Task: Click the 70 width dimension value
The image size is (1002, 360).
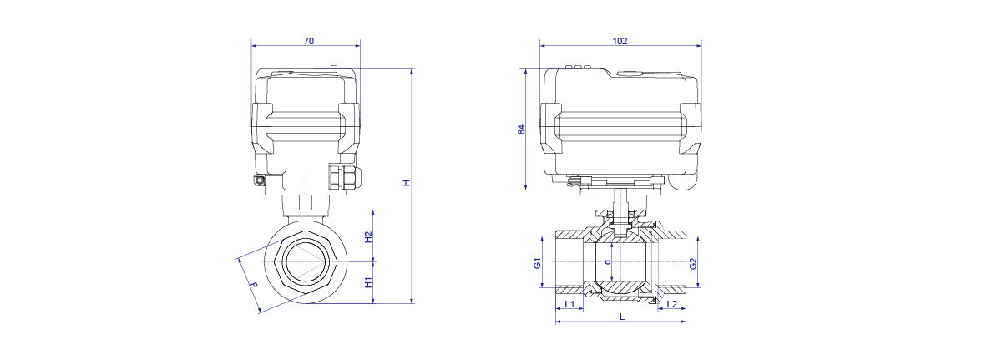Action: pyautogui.click(x=309, y=41)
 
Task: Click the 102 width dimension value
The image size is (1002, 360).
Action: pyautogui.click(x=620, y=41)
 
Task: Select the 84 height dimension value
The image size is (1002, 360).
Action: pyautogui.click(x=521, y=129)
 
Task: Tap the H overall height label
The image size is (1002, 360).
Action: pyautogui.click(x=406, y=182)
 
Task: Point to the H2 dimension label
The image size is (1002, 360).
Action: pyautogui.click(x=368, y=237)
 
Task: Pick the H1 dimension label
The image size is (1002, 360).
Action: pyautogui.click(x=368, y=282)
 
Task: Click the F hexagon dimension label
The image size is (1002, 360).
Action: pyautogui.click(x=253, y=285)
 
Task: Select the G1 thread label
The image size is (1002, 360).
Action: pyautogui.click(x=537, y=263)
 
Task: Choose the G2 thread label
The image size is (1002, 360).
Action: pyautogui.click(x=693, y=264)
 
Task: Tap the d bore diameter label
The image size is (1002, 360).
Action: pyautogui.click(x=607, y=262)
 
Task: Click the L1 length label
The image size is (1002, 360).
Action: pyautogui.click(x=569, y=304)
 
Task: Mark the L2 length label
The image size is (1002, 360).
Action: pyautogui.click(x=672, y=304)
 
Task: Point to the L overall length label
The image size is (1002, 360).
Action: pyautogui.click(x=622, y=317)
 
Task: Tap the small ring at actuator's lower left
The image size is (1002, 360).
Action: pyautogui.click(x=259, y=180)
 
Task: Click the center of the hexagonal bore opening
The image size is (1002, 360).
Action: pyautogui.click(x=306, y=261)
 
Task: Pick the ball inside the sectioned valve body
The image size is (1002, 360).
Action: pyautogui.click(x=620, y=262)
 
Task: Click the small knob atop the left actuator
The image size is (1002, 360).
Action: pyautogui.click(x=334, y=68)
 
